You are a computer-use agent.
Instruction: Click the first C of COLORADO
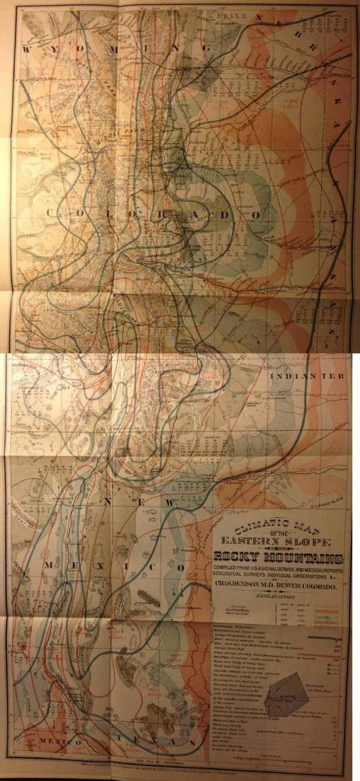(x=50, y=213)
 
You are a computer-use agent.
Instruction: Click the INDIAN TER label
(x=310, y=377)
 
